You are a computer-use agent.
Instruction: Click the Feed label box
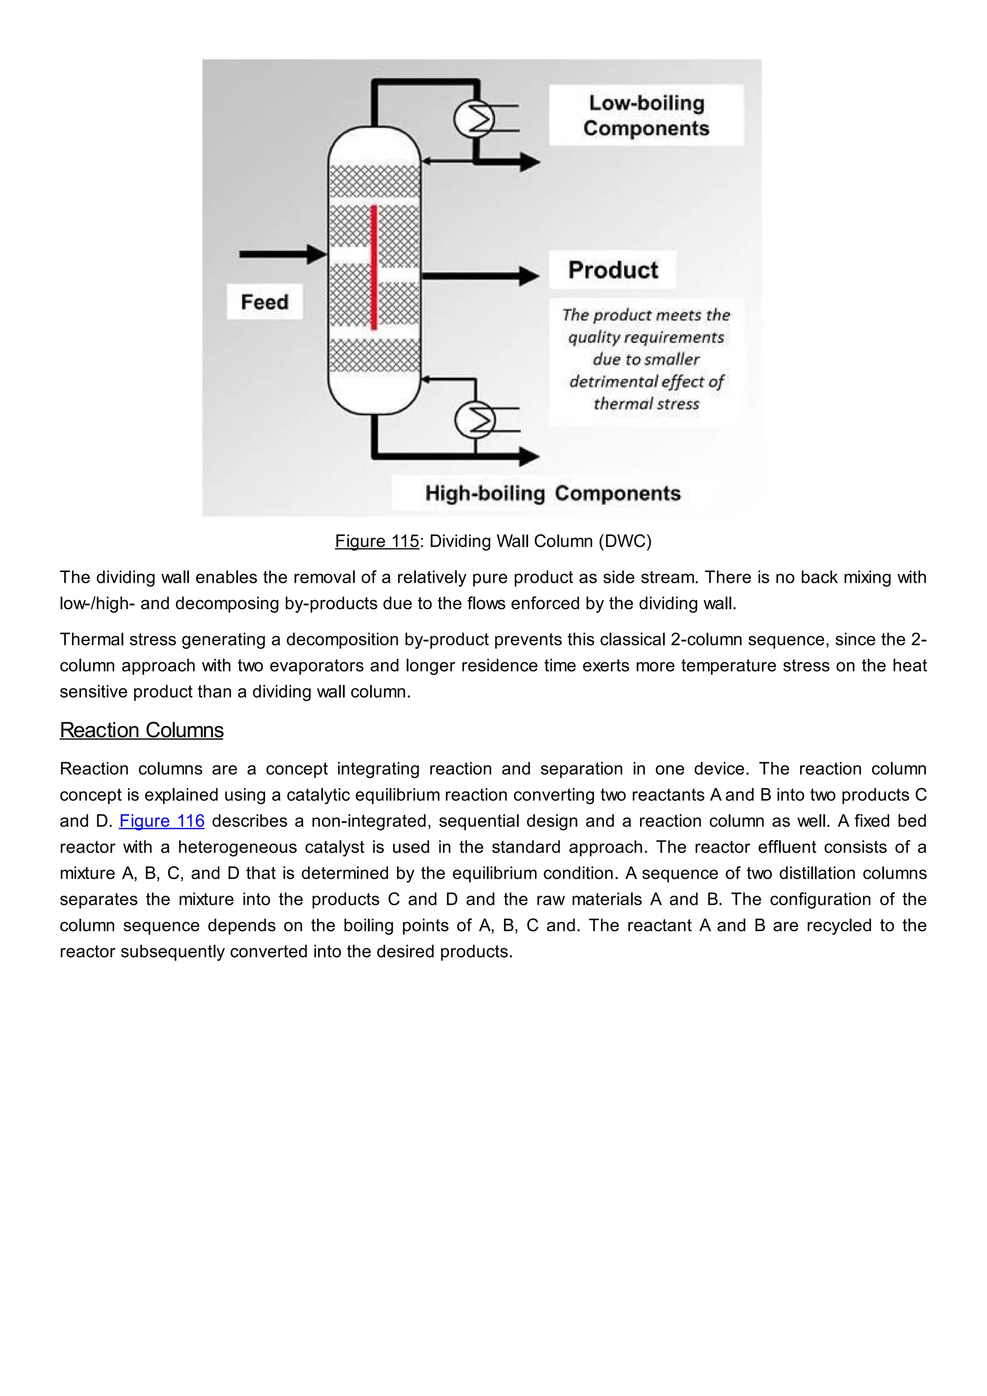(x=265, y=302)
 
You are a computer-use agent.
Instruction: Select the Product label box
(x=613, y=270)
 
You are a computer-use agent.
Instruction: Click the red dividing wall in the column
(x=374, y=268)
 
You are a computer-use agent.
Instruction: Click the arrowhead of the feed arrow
(x=317, y=254)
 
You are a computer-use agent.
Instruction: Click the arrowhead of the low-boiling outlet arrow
(x=530, y=162)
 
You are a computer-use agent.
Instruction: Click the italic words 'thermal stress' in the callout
(x=646, y=404)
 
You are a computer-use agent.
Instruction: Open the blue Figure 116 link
(x=161, y=821)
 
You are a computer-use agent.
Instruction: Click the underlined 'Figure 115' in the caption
(x=377, y=541)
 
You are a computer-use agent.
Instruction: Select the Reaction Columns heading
(x=142, y=730)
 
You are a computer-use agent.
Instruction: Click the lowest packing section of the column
(x=374, y=356)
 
